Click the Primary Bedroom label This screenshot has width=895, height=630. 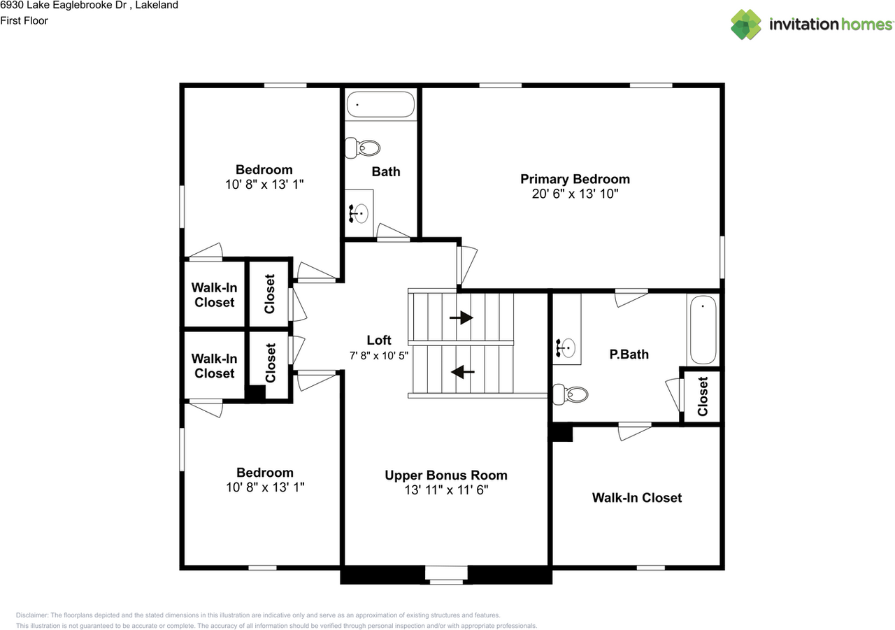point(575,180)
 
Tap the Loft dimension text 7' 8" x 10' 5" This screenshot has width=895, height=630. point(379,355)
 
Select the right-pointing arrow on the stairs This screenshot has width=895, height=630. point(461,318)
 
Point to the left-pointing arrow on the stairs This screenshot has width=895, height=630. point(463,372)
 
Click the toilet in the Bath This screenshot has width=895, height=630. point(362,148)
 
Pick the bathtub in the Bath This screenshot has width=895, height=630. point(380,104)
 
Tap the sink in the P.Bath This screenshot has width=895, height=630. point(566,348)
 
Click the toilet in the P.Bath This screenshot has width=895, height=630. point(571,394)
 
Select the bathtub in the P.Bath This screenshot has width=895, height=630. point(703,329)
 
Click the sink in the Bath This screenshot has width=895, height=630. point(359,213)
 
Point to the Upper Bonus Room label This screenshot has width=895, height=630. point(446,475)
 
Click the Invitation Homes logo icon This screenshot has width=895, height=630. point(746,24)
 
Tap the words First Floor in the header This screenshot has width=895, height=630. point(24,21)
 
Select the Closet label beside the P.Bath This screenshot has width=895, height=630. point(703,396)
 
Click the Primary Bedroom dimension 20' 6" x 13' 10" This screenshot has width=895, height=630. point(575,194)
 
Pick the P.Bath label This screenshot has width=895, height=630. point(629,355)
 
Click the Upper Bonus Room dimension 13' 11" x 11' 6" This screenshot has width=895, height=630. point(446,489)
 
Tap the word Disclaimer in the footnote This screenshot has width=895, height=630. point(32,615)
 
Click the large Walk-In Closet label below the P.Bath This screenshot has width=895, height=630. point(637,498)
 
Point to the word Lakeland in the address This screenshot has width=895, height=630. point(157,5)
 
